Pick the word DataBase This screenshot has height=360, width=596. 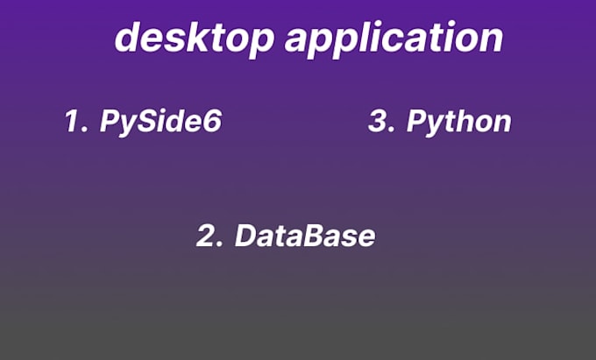(305, 236)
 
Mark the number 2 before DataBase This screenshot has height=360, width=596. (209, 236)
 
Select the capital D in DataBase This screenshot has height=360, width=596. (247, 236)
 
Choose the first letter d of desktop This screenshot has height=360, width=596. (129, 38)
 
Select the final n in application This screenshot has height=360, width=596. (491, 39)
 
